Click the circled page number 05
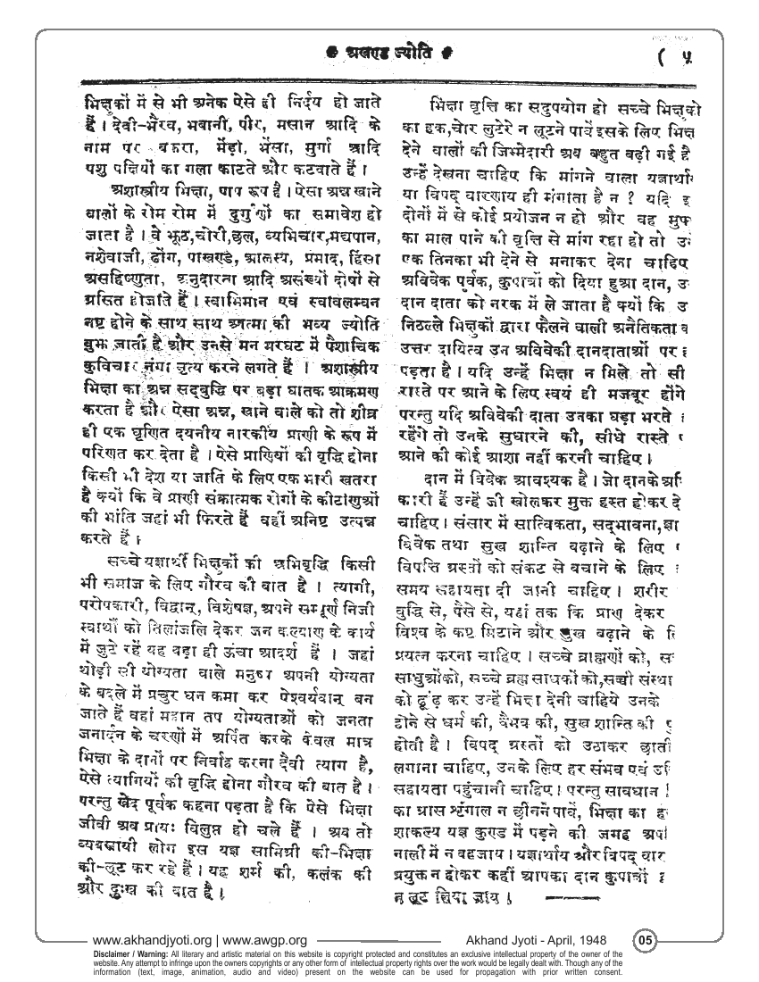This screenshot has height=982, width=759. click(x=646, y=939)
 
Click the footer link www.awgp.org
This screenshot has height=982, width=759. click(x=266, y=940)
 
